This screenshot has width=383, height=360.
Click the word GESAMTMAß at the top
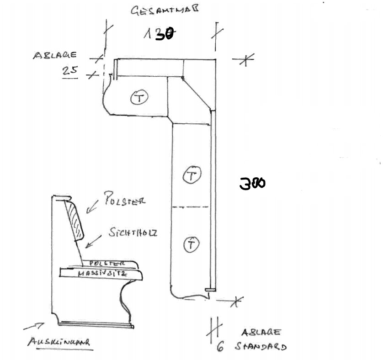pos(160,11)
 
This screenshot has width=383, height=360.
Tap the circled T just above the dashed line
pos(192,175)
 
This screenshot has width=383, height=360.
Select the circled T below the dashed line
pos(191,245)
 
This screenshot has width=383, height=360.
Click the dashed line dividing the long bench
pos(191,207)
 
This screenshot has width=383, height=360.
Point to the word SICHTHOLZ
pos(133,233)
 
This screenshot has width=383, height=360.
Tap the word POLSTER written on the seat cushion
pos(107,264)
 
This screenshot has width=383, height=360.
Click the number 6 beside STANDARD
pos(220,347)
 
